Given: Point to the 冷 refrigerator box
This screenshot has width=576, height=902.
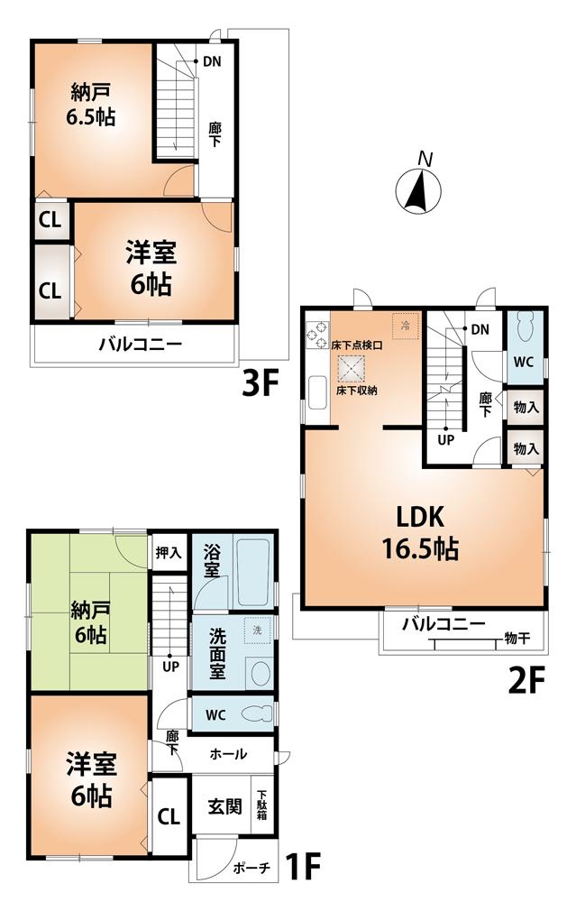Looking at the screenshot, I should tap(405, 325).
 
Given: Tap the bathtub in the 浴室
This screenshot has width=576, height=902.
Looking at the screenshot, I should tap(257, 573).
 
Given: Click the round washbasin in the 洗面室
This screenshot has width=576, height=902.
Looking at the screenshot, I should tap(261, 673).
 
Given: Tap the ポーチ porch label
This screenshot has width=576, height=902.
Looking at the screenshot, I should tap(251, 868).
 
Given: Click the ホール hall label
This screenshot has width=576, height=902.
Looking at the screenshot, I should tap(230, 754).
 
